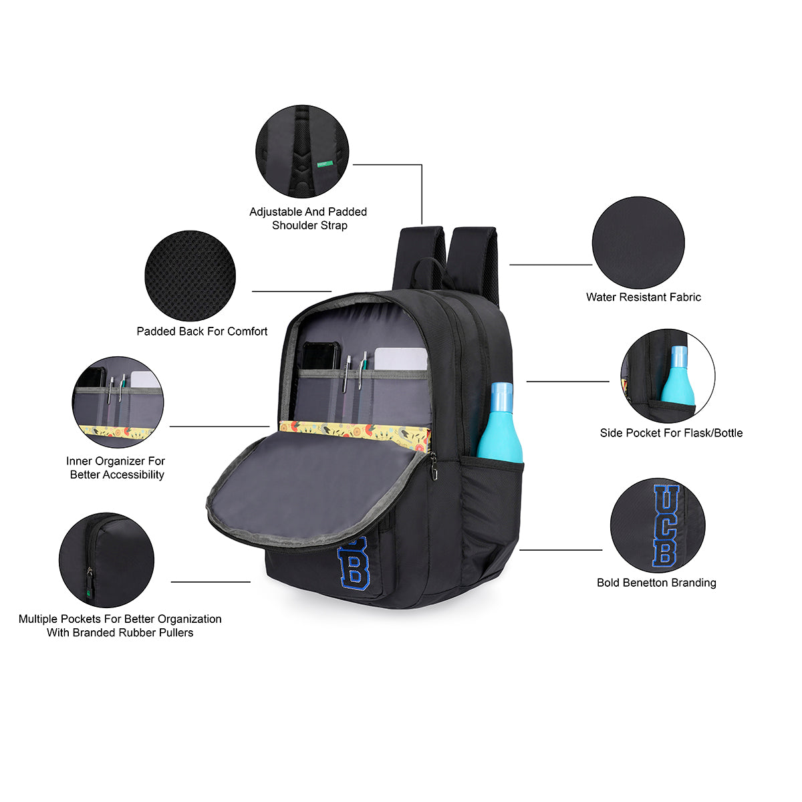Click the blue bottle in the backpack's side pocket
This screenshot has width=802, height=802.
(x=501, y=424)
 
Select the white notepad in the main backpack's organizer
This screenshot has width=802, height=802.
(x=400, y=359)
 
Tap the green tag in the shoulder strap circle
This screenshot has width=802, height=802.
(x=325, y=164)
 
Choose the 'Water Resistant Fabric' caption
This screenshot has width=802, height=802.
(x=644, y=297)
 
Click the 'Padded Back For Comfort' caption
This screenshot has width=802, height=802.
(x=202, y=331)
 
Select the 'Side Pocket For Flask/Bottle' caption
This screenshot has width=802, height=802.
(x=671, y=433)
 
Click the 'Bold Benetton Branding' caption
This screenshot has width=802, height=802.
(x=656, y=583)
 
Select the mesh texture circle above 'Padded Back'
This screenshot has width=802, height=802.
(x=190, y=276)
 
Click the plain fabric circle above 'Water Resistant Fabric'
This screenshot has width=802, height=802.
(x=638, y=243)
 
